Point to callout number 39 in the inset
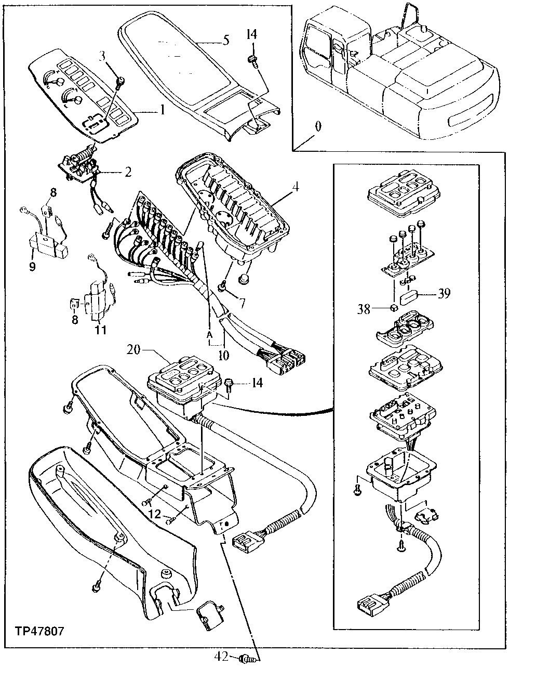[444, 294]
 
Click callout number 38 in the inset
[364, 309]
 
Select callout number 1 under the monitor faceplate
[162, 110]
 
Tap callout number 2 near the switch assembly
[128, 172]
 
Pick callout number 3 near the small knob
[102, 55]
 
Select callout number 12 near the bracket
[154, 514]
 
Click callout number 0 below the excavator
[318, 126]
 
